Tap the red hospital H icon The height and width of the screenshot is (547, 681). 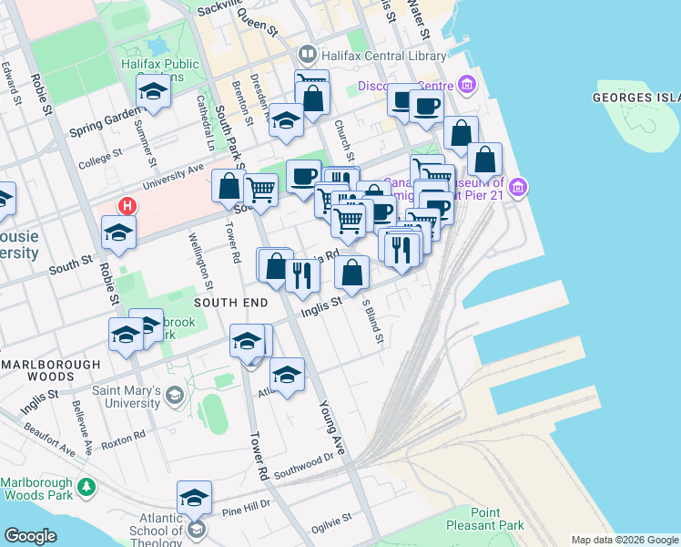pyautogui.click(x=127, y=206)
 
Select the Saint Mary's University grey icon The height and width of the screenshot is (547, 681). pyautogui.click(x=175, y=396)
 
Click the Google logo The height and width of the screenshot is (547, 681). pyautogui.click(x=30, y=536)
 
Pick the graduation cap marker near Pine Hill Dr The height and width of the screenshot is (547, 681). pyautogui.click(x=194, y=498)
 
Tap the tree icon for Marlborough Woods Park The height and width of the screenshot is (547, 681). pyautogui.click(x=86, y=488)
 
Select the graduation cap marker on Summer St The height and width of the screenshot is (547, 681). pyautogui.click(x=153, y=91)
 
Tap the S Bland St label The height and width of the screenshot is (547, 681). pyautogui.click(x=373, y=321)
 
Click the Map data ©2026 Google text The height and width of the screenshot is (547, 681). pyautogui.click(x=625, y=540)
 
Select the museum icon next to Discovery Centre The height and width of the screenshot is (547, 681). pyautogui.click(x=468, y=87)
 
